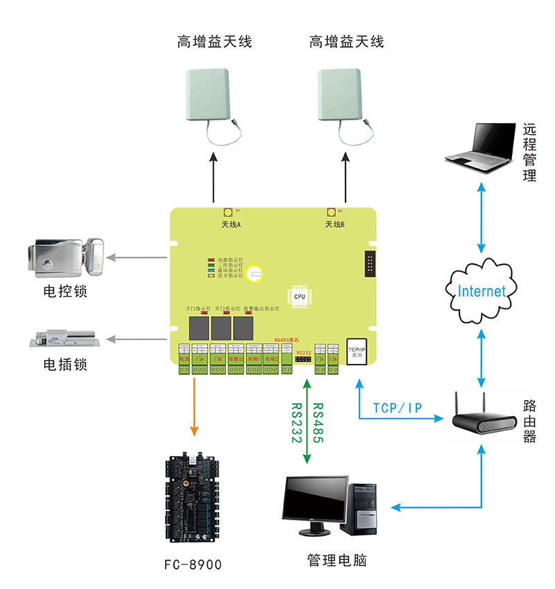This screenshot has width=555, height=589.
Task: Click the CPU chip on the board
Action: [x=299, y=296]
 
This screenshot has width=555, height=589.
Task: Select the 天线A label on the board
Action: [x=231, y=224]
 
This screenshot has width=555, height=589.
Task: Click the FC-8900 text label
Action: [x=191, y=565]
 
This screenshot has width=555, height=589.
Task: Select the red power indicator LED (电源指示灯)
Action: [x=211, y=259]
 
